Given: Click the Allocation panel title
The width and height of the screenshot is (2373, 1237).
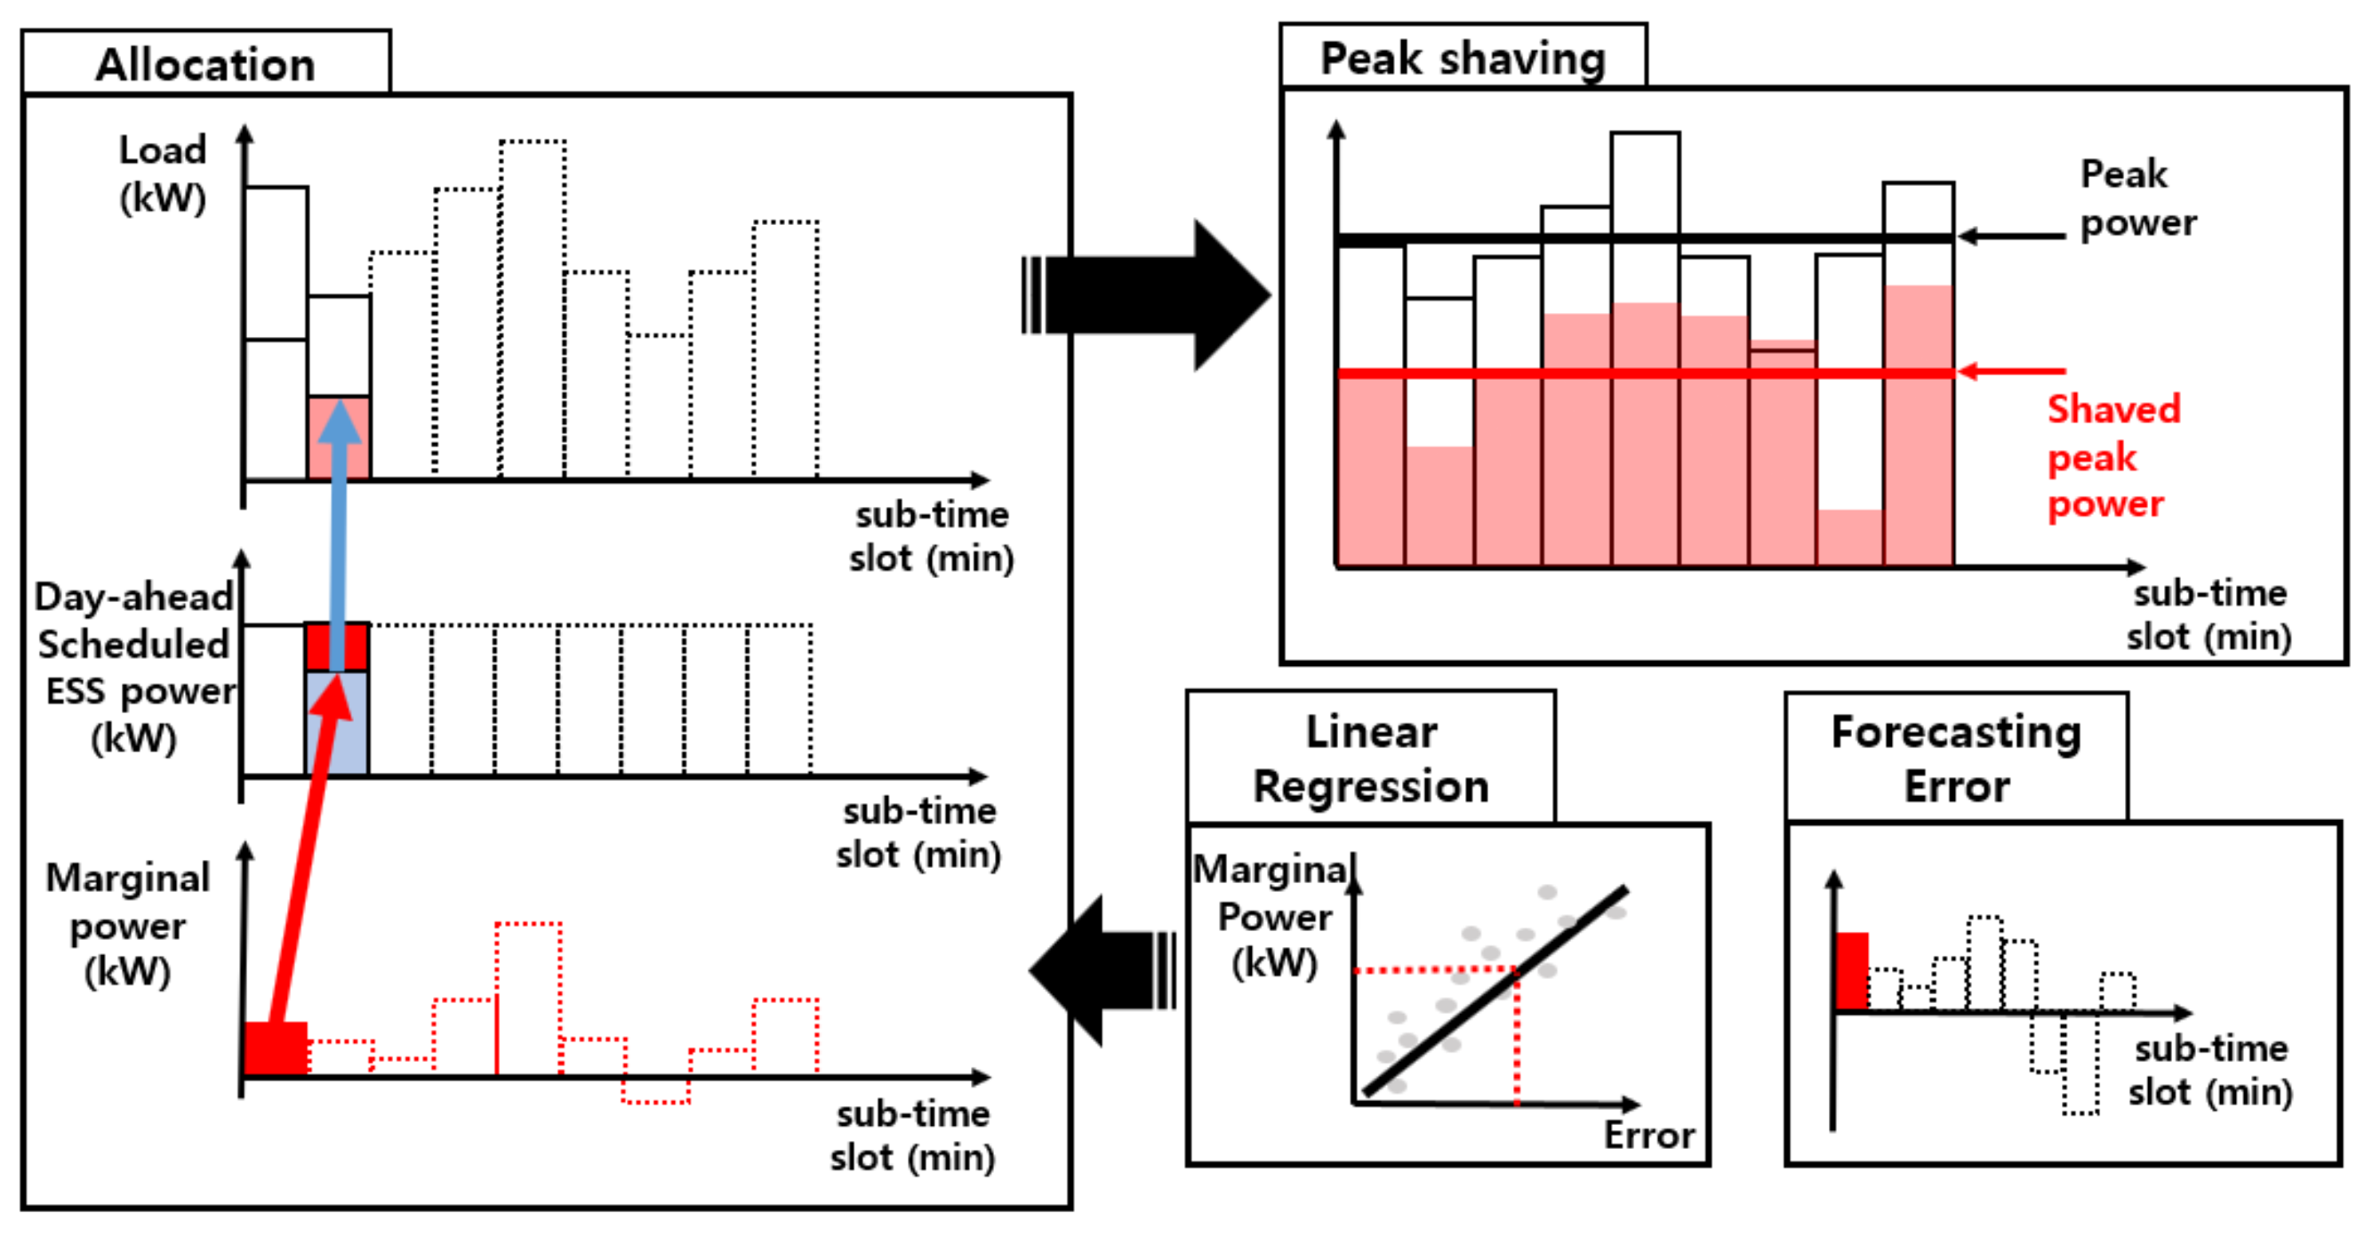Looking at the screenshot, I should coord(205,65).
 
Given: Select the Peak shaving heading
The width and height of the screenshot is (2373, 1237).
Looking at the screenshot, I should coord(1462,59).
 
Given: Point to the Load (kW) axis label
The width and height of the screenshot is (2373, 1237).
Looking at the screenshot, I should coord(162,173).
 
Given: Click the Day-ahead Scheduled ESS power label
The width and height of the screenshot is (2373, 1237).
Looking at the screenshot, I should coord(134,667).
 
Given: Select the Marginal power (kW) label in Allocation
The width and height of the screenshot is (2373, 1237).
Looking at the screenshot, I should coord(128,924).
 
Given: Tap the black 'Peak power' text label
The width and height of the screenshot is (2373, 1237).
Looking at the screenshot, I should coord(2137,198).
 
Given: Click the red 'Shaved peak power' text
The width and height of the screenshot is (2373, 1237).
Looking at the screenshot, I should coord(2113,457).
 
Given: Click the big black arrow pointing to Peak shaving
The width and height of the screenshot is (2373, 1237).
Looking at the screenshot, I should coord(1151,294).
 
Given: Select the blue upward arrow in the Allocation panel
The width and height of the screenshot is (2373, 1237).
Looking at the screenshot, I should coord(338,534).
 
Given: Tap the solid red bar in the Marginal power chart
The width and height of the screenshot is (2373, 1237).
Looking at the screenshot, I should coord(276,1048).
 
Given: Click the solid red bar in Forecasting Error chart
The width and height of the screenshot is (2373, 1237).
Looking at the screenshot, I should coord(1852,971).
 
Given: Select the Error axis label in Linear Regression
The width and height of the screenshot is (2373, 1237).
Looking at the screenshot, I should coord(1649,1135).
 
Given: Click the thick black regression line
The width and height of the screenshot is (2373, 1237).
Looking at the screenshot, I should coord(1492,991).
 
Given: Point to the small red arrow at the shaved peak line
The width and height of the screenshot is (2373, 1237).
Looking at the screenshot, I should coord(2008,372).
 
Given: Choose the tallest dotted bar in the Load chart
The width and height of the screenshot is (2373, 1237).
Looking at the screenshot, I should coord(533,309).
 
